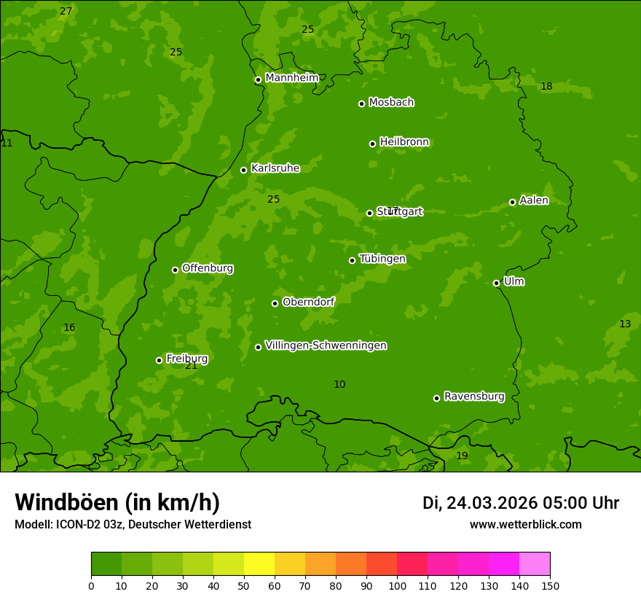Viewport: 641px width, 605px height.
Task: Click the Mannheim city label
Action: pyautogui.click(x=292, y=78)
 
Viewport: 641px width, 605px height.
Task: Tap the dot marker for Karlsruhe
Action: pyautogui.click(x=244, y=170)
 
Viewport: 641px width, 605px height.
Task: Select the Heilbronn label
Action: pyautogui.click(x=404, y=142)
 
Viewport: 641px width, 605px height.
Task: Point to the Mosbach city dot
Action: pyautogui.click(x=361, y=104)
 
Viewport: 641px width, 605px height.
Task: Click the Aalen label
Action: pyautogui.click(x=534, y=200)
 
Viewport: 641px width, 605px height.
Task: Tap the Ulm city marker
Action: pyautogui.click(x=497, y=283)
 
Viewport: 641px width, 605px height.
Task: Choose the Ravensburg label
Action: pyautogui.click(x=474, y=397)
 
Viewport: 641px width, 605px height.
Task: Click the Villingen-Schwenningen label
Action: pyautogui.click(x=326, y=346)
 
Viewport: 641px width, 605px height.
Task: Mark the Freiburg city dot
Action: pyautogui.click(x=159, y=360)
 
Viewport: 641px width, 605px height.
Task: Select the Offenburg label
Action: pyautogui.click(x=208, y=268)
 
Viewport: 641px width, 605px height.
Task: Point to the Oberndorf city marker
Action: pyautogui.click(x=275, y=303)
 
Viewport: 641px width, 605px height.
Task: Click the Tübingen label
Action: pyautogui.click(x=382, y=259)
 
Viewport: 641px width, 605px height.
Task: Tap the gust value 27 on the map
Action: pyautogui.click(x=66, y=11)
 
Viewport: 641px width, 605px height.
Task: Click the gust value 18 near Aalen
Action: pyautogui.click(x=546, y=87)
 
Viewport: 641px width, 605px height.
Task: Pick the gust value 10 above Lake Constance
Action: pyautogui.click(x=339, y=384)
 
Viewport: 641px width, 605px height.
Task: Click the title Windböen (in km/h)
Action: pyautogui.click(x=117, y=502)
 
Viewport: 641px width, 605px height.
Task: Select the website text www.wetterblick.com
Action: pyautogui.click(x=525, y=524)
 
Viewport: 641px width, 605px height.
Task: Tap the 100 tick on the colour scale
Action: pyautogui.click(x=397, y=585)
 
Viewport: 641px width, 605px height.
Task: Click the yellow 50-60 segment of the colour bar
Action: pyautogui.click(x=259, y=564)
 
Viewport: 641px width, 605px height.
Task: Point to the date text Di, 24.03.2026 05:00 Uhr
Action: pyautogui.click(x=520, y=503)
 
